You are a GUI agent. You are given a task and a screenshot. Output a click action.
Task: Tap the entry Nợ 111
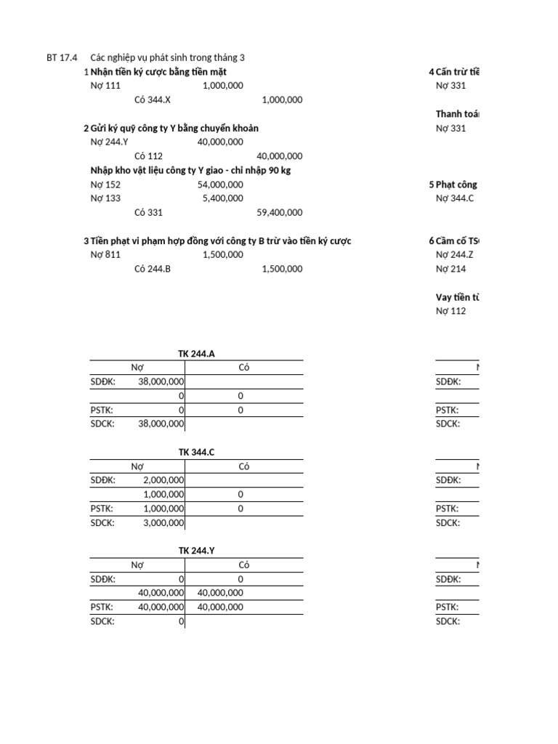(105, 86)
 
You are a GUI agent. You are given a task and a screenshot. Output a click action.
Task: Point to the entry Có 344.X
(153, 100)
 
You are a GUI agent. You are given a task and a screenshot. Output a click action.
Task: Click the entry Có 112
(149, 156)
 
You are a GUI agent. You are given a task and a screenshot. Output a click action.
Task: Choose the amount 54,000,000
(220, 185)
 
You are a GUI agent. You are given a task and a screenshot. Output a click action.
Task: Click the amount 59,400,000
(280, 213)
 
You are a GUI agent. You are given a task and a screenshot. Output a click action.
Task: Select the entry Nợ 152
(105, 185)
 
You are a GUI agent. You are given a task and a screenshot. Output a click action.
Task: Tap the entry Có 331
(149, 213)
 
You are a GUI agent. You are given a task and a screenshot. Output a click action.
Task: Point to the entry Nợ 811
(105, 255)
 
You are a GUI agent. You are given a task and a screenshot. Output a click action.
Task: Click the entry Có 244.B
(153, 269)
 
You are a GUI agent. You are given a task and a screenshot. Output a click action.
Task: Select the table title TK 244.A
(196, 354)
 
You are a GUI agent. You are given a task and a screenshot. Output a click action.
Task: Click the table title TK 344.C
(196, 453)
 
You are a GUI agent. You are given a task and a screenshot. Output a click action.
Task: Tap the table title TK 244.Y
(196, 551)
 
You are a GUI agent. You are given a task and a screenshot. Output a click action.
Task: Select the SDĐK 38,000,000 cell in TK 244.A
(161, 381)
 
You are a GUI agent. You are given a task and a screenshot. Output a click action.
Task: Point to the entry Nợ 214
(450, 269)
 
